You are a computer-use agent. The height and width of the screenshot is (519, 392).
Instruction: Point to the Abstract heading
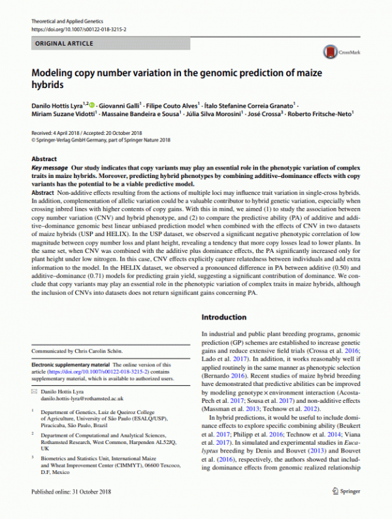coord(44,159)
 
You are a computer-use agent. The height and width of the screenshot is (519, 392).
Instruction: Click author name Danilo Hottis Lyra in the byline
coord(58,105)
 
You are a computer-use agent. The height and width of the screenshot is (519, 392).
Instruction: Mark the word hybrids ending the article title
coord(50,85)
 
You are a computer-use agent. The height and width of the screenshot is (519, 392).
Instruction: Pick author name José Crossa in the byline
coord(261,113)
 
